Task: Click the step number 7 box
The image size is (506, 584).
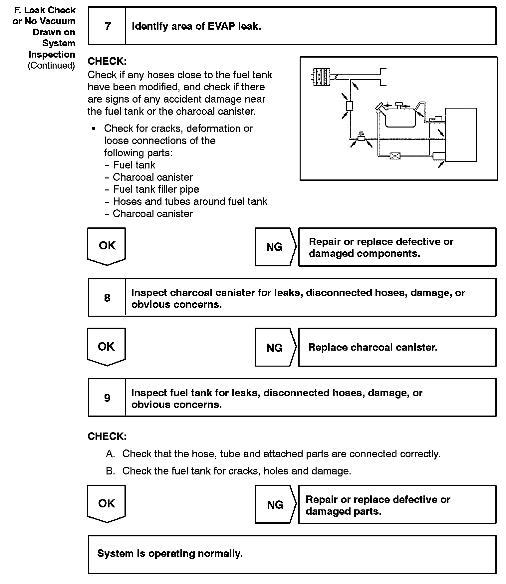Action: [107, 26]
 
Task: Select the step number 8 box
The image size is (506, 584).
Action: [107, 297]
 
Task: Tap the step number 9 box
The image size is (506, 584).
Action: [107, 398]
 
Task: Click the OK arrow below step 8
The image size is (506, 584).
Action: [107, 347]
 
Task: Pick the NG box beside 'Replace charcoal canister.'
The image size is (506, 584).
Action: [275, 348]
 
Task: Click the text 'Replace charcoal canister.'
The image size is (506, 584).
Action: [373, 347]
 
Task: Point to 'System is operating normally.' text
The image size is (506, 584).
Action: [170, 553]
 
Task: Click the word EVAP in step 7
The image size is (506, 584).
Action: [221, 26]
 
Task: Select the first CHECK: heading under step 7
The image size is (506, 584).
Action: [107, 61]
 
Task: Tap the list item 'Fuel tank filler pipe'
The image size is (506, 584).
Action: [156, 189]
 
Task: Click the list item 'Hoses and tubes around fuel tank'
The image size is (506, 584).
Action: [190, 201]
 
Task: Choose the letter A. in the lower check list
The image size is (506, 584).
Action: [111, 454]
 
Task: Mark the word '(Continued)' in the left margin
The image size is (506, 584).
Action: [51, 65]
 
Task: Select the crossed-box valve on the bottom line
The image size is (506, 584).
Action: [395, 155]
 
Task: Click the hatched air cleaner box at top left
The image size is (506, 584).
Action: [322, 77]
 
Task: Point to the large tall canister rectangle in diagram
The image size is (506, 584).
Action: [461, 135]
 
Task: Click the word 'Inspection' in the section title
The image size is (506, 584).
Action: [52, 54]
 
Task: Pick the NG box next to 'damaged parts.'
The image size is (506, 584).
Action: [275, 504]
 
